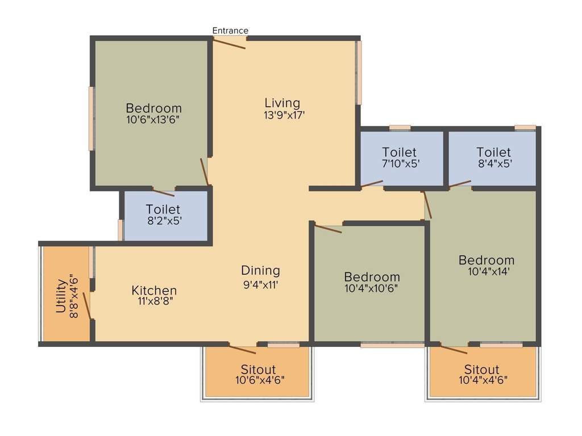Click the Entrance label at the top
(230, 30)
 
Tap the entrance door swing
(230, 43)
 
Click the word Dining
(260, 270)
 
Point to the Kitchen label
(154, 290)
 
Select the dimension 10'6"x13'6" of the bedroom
(153, 120)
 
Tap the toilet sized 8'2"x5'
(163, 216)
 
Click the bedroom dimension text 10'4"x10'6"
(372, 288)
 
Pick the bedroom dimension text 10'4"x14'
(487, 271)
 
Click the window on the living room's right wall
(359, 73)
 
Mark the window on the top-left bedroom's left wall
(91, 118)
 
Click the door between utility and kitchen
(87, 305)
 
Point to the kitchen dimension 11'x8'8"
(154, 301)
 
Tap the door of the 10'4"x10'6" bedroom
(329, 229)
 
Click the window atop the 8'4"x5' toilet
(525, 128)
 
